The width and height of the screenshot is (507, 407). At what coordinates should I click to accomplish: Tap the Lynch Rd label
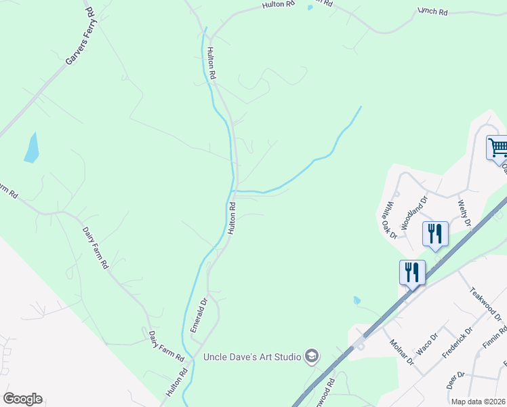(x=432, y=12)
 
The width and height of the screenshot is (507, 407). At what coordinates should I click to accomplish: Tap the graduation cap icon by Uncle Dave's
(x=311, y=356)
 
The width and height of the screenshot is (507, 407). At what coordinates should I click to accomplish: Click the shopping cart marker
(x=498, y=147)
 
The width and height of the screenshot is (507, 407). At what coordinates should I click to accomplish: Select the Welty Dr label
(x=464, y=211)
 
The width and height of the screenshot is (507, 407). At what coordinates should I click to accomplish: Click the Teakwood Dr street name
(x=485, y=303)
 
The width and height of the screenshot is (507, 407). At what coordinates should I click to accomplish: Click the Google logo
(x=22, y=399)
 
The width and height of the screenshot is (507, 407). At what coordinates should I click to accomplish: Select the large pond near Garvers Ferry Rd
(x=31, y=148)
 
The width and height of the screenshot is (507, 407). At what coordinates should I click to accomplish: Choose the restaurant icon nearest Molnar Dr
(x=412, y=272)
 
